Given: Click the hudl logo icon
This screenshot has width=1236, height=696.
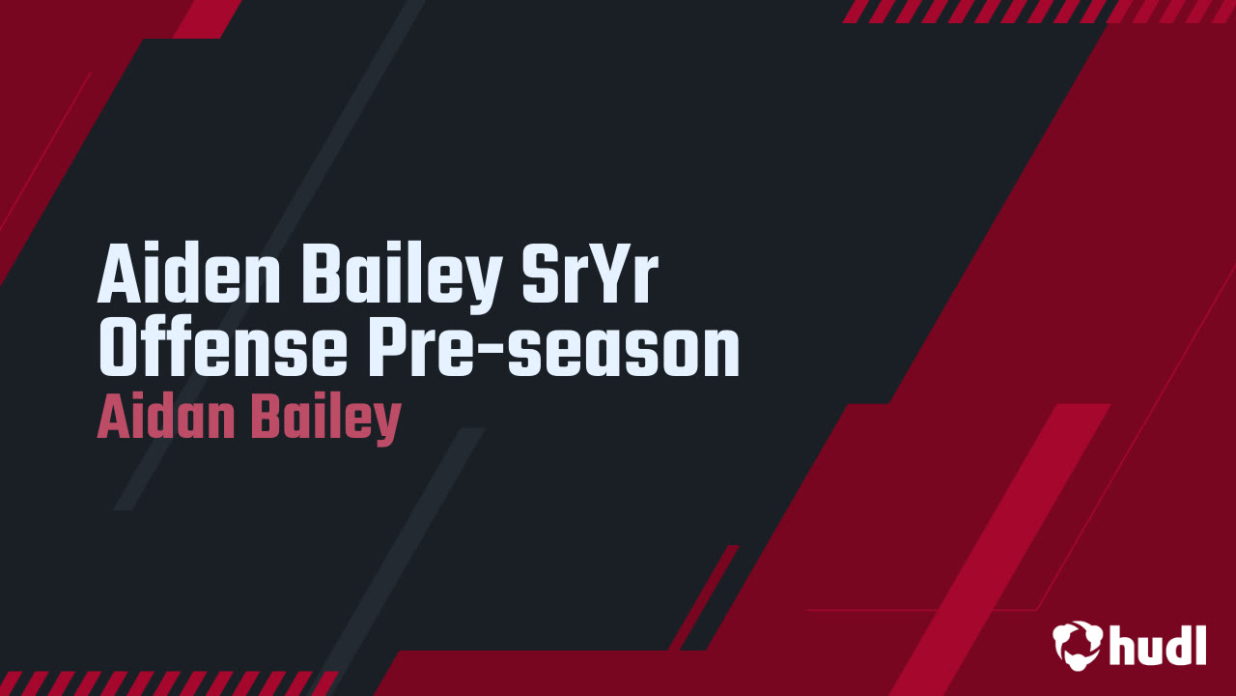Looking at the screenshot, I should [1077, 645].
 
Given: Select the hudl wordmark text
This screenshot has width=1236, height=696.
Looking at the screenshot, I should [1158, 645].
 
